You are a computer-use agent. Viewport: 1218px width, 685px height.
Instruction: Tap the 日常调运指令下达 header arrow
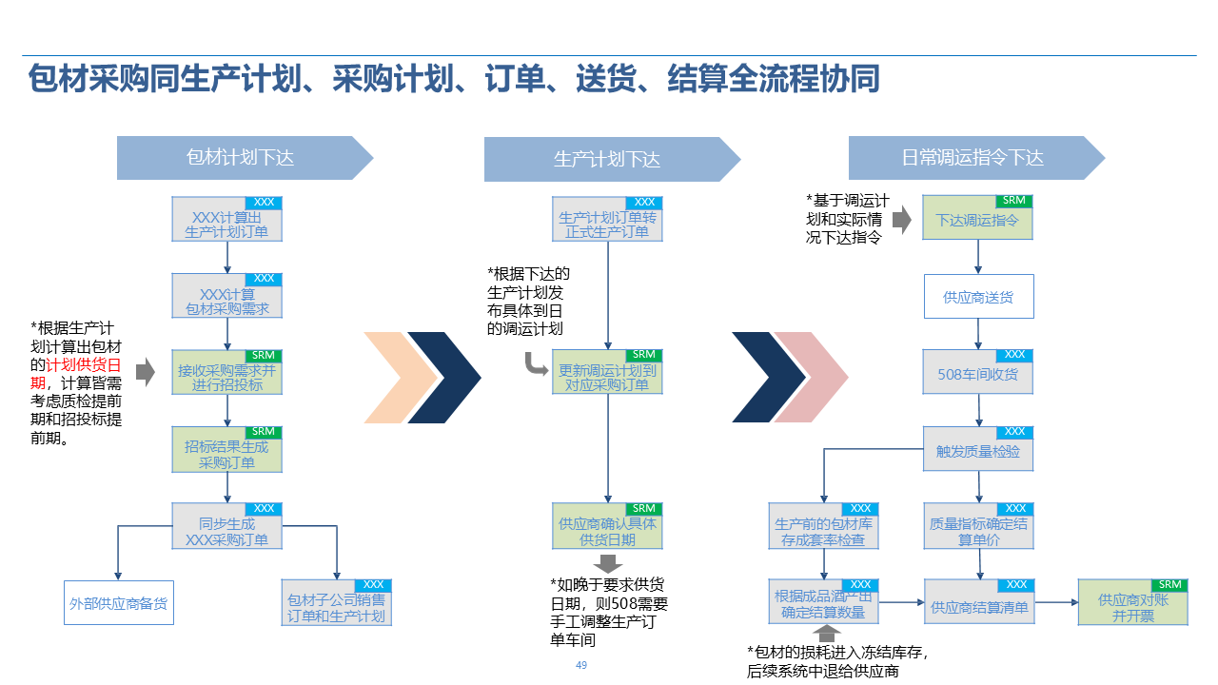pyautogui.click(x=972, y=158)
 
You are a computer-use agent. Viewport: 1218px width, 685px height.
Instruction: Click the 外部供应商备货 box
pyautogui.click(x=119, y=603)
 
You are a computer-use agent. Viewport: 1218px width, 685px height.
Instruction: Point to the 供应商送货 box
pyautogui.click(x=978, y=297)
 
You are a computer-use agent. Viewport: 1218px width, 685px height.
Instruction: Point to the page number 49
pyautogui.click(x=581, y=665)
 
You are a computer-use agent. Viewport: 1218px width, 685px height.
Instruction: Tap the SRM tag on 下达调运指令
pyautogui.click(x=1013, y=201)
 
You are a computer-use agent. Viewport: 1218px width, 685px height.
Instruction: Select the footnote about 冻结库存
pyautogui.click(x=837, y=661)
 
